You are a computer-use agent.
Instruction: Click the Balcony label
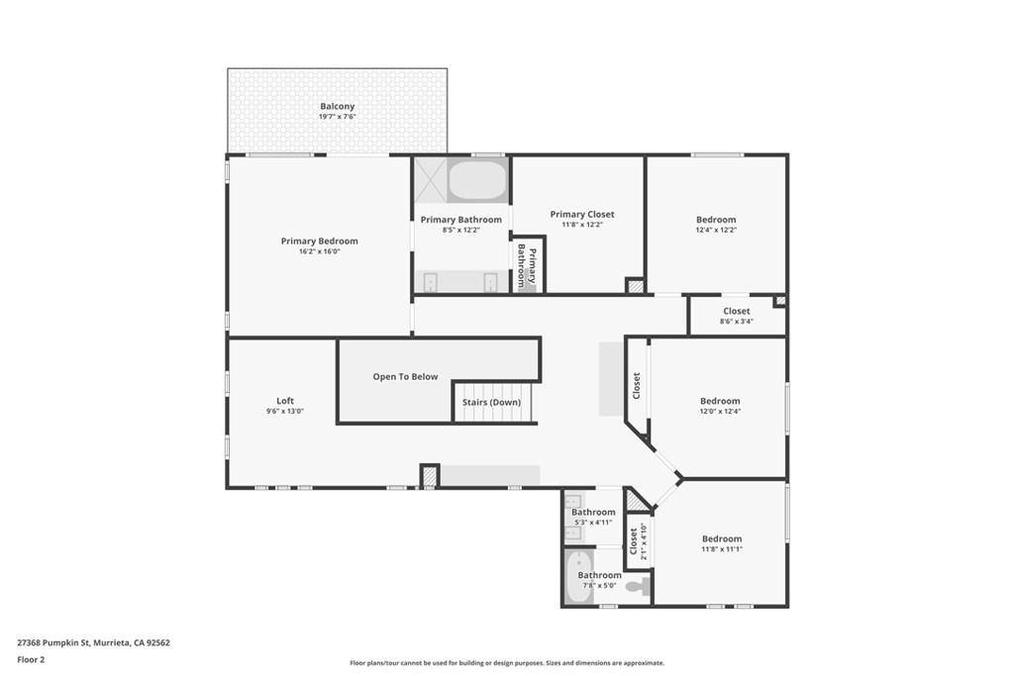[337, 106]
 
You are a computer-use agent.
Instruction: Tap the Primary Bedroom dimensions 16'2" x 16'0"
[319, 251]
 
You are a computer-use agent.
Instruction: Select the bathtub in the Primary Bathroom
[477, 181]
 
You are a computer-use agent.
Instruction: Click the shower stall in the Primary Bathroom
[430, 180]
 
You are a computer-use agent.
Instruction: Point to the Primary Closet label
[582, 214]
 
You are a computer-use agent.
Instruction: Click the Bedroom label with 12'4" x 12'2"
[716, 220]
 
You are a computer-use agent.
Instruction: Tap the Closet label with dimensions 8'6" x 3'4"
[736, 311]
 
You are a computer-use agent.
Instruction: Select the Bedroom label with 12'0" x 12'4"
[720, 401]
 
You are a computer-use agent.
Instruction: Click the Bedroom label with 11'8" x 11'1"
[722, 538]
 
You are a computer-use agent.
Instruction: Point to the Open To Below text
[405, 376]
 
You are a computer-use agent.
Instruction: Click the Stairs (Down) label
[491, 402]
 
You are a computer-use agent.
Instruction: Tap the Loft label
[285, 400]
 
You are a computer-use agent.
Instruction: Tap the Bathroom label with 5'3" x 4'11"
[593, 512]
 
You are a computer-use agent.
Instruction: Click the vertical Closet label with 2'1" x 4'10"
[634, 541]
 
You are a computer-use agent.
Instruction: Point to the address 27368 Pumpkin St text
[93, 642]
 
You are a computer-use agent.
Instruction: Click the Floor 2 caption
[31, 659]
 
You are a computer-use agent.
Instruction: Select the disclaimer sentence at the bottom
[507, 663]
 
